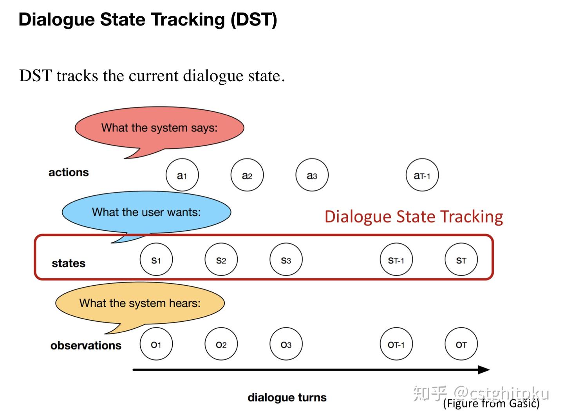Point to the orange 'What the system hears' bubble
click(x=140, y=304)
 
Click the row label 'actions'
click(x=69, y=173)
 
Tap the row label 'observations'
click(x=86, y=345)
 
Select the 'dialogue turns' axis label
click(x=287, y=397)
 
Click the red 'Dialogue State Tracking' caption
click(x=414, y=217)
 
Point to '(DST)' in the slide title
click(x=254, y=20)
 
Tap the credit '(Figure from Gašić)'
click(x=491, y=404)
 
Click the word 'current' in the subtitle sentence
click(x=154, y=76)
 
